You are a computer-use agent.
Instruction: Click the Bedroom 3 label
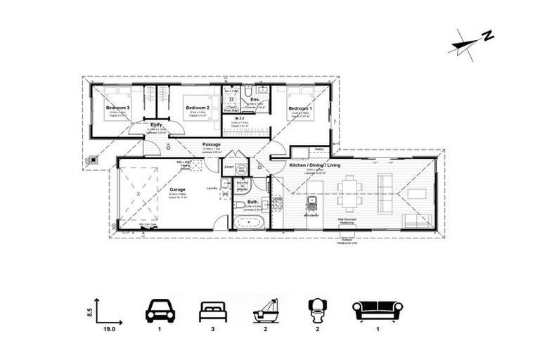pos(116,108)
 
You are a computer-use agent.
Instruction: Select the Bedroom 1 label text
pos(297,108)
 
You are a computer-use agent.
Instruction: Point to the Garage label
pos(177,189)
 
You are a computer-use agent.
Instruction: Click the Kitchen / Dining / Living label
pos(315,165)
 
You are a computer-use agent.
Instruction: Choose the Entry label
pos(156,125)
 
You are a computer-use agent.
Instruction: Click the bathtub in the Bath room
pos(249,223)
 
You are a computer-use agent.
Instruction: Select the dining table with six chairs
pos(349,192)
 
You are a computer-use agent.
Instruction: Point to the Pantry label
pos(319,149)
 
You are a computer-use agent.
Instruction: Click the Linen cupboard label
pos(229,166)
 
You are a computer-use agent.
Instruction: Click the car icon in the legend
pos(160,309)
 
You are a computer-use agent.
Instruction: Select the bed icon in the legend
pos(213,310)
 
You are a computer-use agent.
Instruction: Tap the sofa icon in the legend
pos(377,310)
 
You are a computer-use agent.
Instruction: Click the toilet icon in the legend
pos(318,309)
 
